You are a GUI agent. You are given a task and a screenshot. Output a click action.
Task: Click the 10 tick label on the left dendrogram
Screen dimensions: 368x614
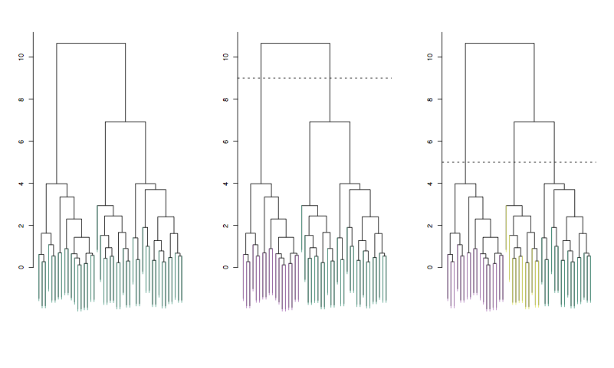(x=23, y=57)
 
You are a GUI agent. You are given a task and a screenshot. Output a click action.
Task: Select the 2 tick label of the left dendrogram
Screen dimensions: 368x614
(x=23, y=226)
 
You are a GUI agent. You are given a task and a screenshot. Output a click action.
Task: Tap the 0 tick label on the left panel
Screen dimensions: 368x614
(x=23, y=268)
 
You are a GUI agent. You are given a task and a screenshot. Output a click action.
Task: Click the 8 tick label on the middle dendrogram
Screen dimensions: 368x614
(x=228, y=99)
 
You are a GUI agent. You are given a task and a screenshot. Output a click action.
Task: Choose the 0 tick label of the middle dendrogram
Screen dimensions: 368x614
(x=228, y=268)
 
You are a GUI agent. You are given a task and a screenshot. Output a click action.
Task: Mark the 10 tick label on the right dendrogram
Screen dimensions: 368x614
(x=432, y=57)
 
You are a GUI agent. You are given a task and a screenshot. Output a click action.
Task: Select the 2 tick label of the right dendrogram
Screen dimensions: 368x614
(x=432, y=226)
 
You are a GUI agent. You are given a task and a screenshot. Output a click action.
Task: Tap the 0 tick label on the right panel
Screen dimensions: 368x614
(x=432, y=268)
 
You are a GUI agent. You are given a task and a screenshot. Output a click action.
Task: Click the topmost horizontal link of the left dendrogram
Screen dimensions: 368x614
(x=90, y=44)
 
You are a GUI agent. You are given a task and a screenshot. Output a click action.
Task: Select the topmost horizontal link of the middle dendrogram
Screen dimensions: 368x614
(x=295, y=44)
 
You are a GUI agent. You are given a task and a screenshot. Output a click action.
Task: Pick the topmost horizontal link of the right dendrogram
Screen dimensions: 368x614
(x=500, y=44)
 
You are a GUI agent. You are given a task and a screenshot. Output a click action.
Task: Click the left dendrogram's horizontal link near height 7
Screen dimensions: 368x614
(x=125, y=122)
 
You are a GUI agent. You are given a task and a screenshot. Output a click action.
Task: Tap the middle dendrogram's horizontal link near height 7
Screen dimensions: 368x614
(x=330, y=122)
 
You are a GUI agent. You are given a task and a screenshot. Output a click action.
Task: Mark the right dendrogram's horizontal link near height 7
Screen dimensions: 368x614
(x=534, y=122)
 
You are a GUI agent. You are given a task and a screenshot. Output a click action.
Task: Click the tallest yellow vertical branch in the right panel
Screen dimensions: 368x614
(x=507, y=230)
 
